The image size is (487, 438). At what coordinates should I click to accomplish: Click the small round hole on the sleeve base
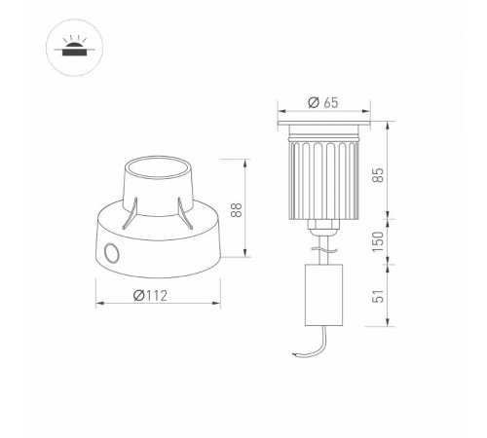[x=110, y=255]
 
